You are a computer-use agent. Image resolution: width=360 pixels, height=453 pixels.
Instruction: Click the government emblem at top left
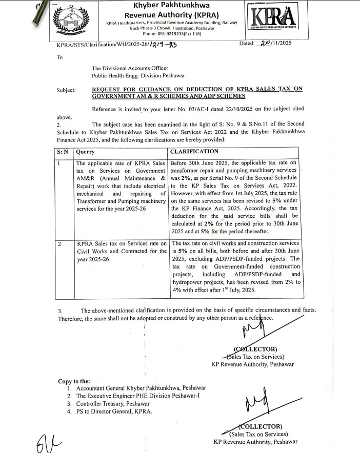(74, 23)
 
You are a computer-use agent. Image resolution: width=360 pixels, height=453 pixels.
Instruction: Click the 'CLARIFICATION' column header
(194, 152)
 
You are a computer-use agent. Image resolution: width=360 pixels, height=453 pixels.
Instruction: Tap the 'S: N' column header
(62, 152)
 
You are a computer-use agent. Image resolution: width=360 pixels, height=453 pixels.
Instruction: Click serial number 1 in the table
(59, 163)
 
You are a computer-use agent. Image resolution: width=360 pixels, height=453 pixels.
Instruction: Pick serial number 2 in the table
(59, 244)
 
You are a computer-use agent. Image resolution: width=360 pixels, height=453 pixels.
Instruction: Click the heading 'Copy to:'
(74, 381)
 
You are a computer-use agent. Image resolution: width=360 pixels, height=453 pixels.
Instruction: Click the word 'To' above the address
(60, 57)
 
